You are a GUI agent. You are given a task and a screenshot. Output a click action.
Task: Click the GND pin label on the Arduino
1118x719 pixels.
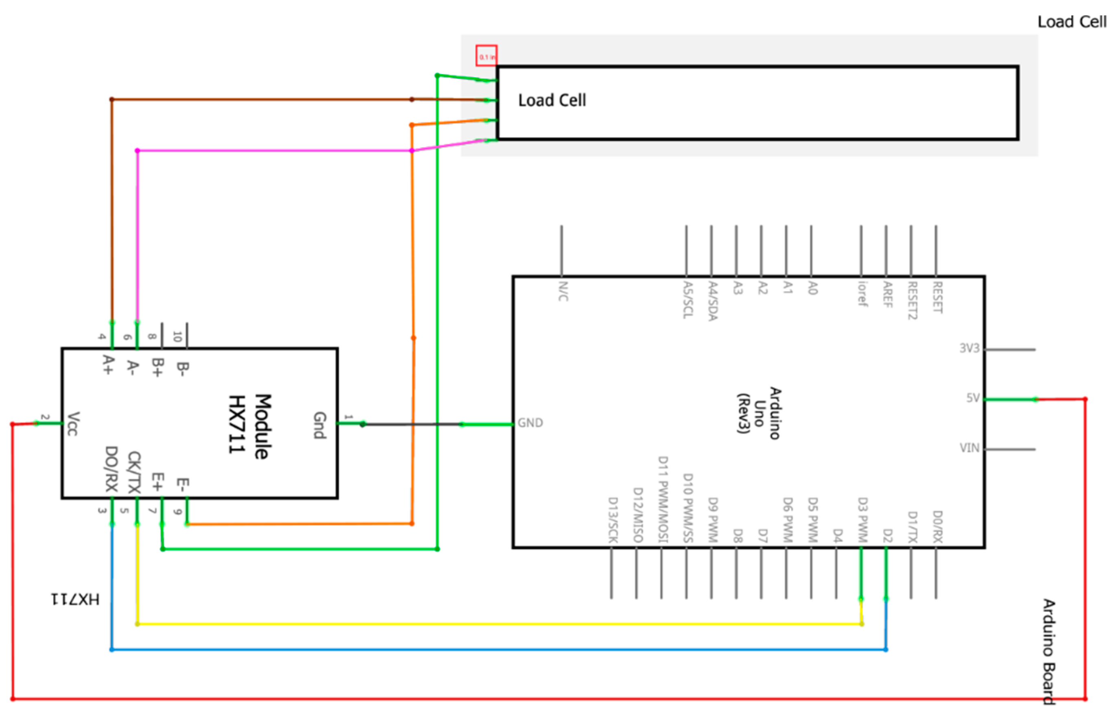point(530,423)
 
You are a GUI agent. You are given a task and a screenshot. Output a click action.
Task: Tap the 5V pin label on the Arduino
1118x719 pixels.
point(973,398)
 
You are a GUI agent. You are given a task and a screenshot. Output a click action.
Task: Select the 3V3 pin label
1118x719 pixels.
point(969,348)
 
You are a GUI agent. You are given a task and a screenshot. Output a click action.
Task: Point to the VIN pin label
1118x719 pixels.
point(969,448)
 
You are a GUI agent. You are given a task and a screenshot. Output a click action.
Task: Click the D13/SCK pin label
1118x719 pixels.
point(613,520)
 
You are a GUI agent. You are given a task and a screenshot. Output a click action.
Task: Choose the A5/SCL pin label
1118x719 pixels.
point(687,299)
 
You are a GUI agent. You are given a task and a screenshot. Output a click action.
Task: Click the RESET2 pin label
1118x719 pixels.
point(912,300)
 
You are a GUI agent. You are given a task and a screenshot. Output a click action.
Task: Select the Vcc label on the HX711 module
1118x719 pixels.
point(73,423)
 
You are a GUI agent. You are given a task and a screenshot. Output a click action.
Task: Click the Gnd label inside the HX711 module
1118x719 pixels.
point(319,425)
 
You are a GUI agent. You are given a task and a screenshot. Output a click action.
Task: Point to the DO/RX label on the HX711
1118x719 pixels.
point(111,469)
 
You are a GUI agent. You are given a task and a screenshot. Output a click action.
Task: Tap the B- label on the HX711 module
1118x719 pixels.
point(183,369)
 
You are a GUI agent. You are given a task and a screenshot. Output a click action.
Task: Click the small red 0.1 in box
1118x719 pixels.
point(486,56)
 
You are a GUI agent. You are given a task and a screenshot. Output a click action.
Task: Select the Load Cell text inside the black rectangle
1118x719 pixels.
point(552,100)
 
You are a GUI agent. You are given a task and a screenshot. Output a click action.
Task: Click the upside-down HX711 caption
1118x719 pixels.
point(75,599)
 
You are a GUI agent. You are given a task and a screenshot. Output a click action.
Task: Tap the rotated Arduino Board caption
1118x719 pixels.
point(1049,652)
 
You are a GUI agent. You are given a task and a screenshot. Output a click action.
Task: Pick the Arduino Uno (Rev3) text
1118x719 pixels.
point(759,413)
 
